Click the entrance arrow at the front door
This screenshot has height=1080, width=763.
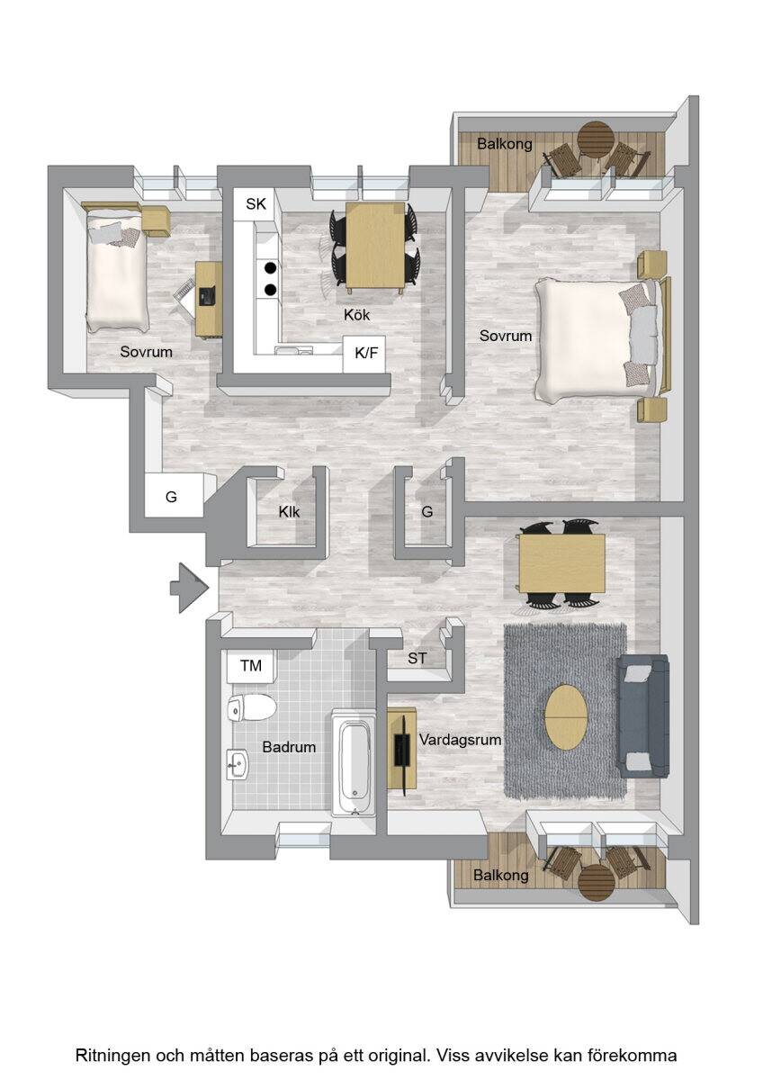point(190,588)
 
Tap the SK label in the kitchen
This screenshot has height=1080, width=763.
point(256,204)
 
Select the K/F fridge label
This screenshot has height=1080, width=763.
point(366,354)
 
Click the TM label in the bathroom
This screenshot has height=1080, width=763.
point(251,666)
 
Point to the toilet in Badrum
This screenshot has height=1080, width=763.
point(251,707)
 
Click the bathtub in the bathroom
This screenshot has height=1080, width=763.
point(354,762)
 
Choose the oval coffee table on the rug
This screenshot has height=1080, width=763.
point(566,717)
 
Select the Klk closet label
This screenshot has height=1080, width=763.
point(289,511)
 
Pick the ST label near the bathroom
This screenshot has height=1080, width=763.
point(417,658)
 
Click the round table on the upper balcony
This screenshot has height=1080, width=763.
point(596,139)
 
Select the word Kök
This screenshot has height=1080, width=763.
point(356,315)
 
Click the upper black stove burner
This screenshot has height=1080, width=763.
point(271,266)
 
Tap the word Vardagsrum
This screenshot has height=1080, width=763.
point(460,739)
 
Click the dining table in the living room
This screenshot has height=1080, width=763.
point(562,562)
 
